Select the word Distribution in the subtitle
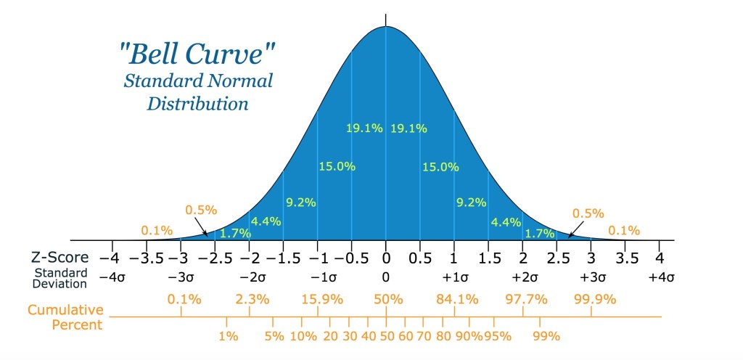(198, 104)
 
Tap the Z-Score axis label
(59, 258)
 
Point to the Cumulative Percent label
(65, 316)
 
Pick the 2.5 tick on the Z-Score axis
(556, 258)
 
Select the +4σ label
(660, 277)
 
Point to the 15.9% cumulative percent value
(318, 299)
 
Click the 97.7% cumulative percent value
(524, 299)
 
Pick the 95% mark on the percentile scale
(498, 336)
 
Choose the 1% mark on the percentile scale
(227, 336)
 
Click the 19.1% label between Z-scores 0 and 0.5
(409, 128)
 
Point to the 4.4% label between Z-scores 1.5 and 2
(505, 221)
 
